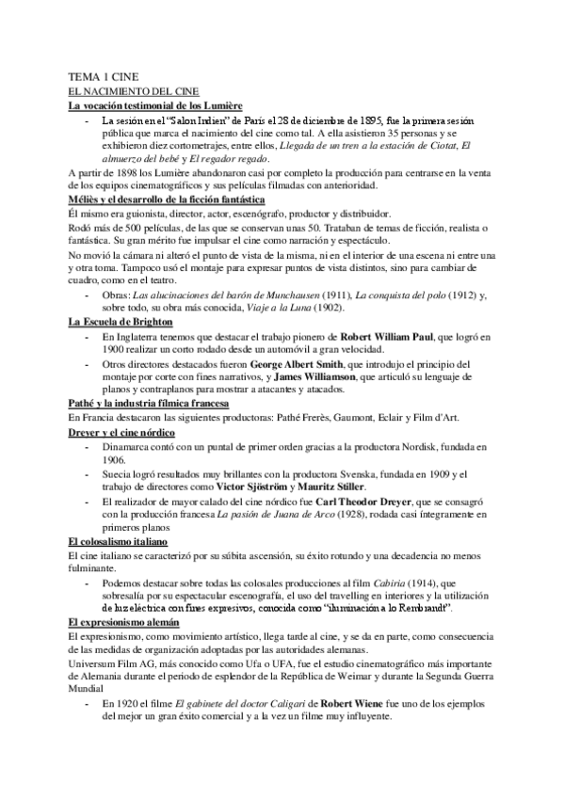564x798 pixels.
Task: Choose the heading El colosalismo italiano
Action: pos(118,543)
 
